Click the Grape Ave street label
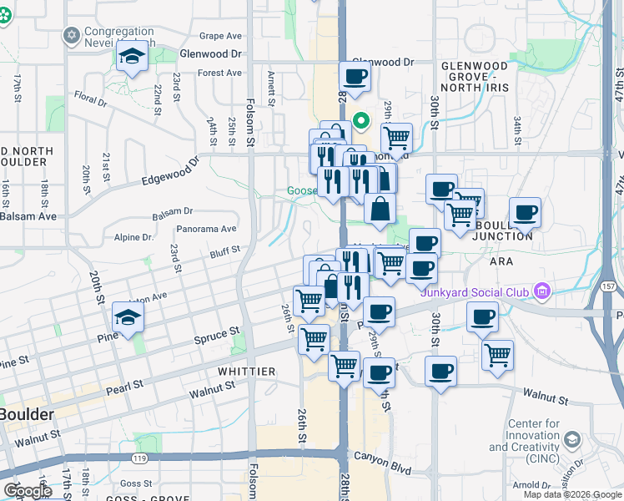click(x=220, y=37)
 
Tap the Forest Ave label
click(x=219, y=73)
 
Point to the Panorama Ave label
click(x=206, y=229)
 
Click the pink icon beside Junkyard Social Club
click(x=542, y=291)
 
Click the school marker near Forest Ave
click(x=132, y=58)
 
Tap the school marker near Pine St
click(x=128, y=318)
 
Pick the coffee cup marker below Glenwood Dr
click(x=355, y=78)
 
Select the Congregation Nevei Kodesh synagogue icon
click(x=71, y=36)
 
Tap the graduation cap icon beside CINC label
click(x=571, y=439)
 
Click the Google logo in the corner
click(x=28, y=490)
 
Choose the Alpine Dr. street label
click(x=134, y=237)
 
